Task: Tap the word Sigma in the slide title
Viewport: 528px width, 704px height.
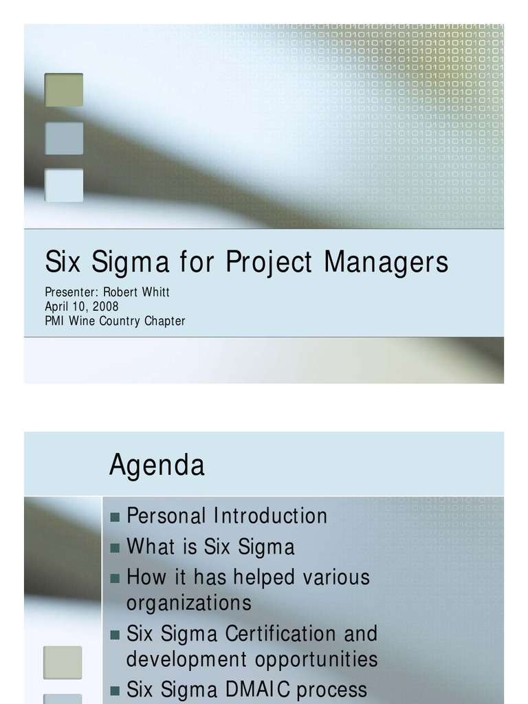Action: [x=124, y=263]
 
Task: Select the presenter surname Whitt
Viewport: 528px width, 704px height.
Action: [x=155, y=292]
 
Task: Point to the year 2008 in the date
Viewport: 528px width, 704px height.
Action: [x=105, y=307]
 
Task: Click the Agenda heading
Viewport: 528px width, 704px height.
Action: [x=157, y=465]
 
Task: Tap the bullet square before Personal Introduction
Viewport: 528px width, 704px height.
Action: [x=115, y=517]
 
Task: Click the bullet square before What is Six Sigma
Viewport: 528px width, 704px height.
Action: [x=115, y=548]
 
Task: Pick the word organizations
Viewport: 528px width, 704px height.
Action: [x=188, y=603]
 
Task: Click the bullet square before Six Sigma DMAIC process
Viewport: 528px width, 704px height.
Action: [x=115, y=690]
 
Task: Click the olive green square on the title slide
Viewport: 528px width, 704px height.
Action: [x=64, y=90]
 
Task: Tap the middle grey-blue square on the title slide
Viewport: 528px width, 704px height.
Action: [x=64, y=138]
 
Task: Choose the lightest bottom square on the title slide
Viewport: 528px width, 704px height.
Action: [x=64, y=186]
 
